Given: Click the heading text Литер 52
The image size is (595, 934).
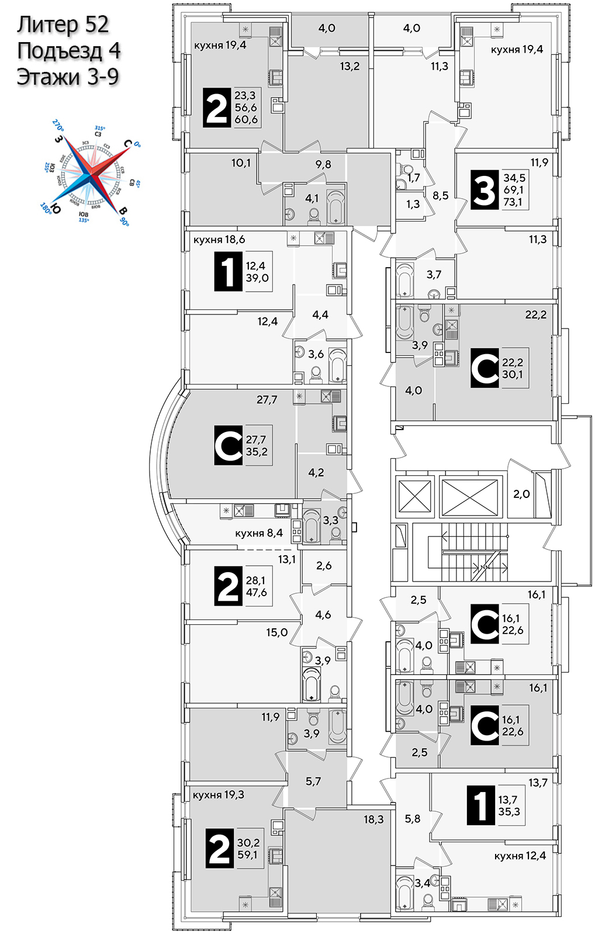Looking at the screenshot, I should click(x=63, y=25).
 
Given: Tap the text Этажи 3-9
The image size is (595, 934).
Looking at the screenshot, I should click(x=68, y=77).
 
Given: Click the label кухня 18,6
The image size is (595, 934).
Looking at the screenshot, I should click(x=219, y=240).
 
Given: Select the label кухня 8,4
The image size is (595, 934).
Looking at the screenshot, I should click(x=258, y=533).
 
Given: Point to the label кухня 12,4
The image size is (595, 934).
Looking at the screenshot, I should click(x=520, y=856).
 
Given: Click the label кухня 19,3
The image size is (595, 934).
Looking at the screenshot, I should click(x=218, y=795).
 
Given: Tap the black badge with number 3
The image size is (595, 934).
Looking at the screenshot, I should click(x=485, y=190).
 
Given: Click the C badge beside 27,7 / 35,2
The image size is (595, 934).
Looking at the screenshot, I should click(x=228, y=445).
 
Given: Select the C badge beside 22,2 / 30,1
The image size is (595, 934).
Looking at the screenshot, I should click(x=485, y=368).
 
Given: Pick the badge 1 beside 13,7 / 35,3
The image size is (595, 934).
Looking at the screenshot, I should click(x=480, y=806).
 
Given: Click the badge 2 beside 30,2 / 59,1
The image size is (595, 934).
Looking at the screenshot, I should click(x=220, y=849).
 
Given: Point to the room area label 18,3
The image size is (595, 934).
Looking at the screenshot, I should click(x=373, y=819).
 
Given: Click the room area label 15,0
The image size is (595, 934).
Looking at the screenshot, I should click(x=276, y=632).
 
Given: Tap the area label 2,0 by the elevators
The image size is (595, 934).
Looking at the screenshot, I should click(x=521, y=494).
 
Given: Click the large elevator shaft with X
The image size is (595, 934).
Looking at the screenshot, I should click(x=469, y=497).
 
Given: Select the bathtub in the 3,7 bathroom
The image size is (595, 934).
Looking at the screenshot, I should click(x=404, y=279).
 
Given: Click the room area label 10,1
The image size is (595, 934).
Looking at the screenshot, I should click(x=241, y=163).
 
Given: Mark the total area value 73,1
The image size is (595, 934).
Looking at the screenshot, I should click(x=513, y=202).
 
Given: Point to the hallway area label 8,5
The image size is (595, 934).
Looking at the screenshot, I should click(x=441, y=195).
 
